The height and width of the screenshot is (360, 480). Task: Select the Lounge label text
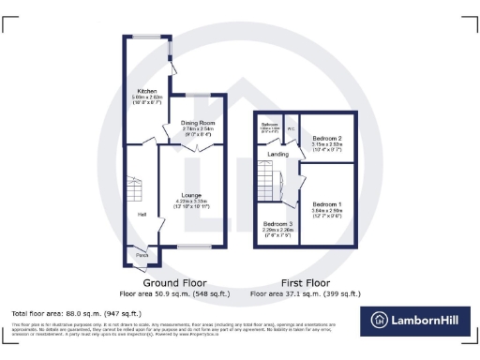click(x=191, y=195)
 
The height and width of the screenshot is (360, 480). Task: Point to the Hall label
click(x=142, y=215)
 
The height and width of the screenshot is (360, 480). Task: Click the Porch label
click(x=142, y=255)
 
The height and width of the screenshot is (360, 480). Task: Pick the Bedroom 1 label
click(x=327, y=204)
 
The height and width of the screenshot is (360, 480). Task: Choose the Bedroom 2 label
click(x=327, y=138)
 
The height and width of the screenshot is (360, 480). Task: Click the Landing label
click(x=277, y=154)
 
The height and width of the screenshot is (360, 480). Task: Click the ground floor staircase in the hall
click(x=132, y=187)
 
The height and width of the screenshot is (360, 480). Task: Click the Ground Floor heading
click(x=174, y=281)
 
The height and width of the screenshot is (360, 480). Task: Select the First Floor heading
click(x=307, y=281)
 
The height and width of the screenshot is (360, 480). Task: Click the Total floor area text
click(x=76, y=313)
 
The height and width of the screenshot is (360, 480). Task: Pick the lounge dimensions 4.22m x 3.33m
click(x=191, y=202)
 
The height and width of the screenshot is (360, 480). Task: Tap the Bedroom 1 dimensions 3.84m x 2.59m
click(x=327, y=211)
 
